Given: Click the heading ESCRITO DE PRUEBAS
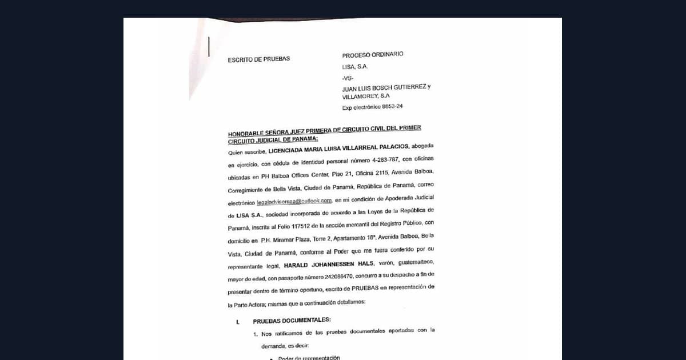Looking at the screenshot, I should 258,59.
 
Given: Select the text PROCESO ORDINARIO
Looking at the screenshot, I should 373,55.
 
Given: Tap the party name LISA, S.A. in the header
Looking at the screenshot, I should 355,66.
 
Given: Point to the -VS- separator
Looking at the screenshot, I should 348,78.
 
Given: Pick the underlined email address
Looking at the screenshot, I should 294,201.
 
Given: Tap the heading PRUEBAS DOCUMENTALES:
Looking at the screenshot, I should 292,320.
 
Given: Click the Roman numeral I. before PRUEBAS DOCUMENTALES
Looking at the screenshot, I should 238,322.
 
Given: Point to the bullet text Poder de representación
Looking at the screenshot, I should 309,358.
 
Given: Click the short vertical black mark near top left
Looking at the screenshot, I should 209,46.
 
